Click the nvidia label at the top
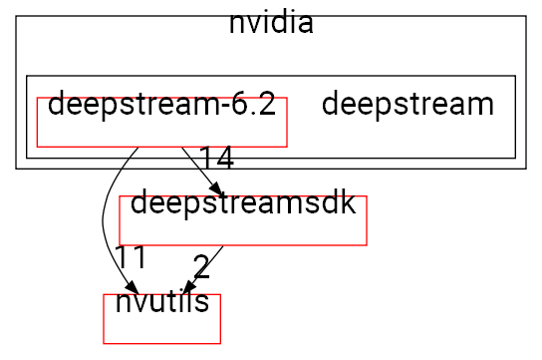[271, 23]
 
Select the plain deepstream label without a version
[407, 104]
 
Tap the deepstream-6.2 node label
[161, 104]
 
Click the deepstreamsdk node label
[243, 203]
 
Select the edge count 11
[130, 257]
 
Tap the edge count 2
[201, 266]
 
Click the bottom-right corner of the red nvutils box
[219, 342]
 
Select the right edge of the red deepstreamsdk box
[368, 220]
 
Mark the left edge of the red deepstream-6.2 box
[37, 122]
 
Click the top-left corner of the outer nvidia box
[16, 16]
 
